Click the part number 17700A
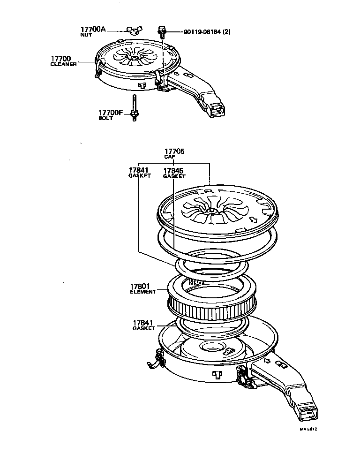click(x=94, y=30)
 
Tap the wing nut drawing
click(x=132, y=31)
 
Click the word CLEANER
click(x=63, y=64)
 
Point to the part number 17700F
click(x=111, y=113)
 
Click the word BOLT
click(x=105, y=118)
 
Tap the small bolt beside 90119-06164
click(x=162, y=31)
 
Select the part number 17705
click(x=174, y=151)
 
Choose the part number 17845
click(x=173, y=171)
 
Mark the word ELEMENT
click(x=142, y=292)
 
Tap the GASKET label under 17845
click(x=174, y=177)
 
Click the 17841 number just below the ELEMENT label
click(x=143, y=323)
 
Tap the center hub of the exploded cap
click(x=211, y=212)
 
